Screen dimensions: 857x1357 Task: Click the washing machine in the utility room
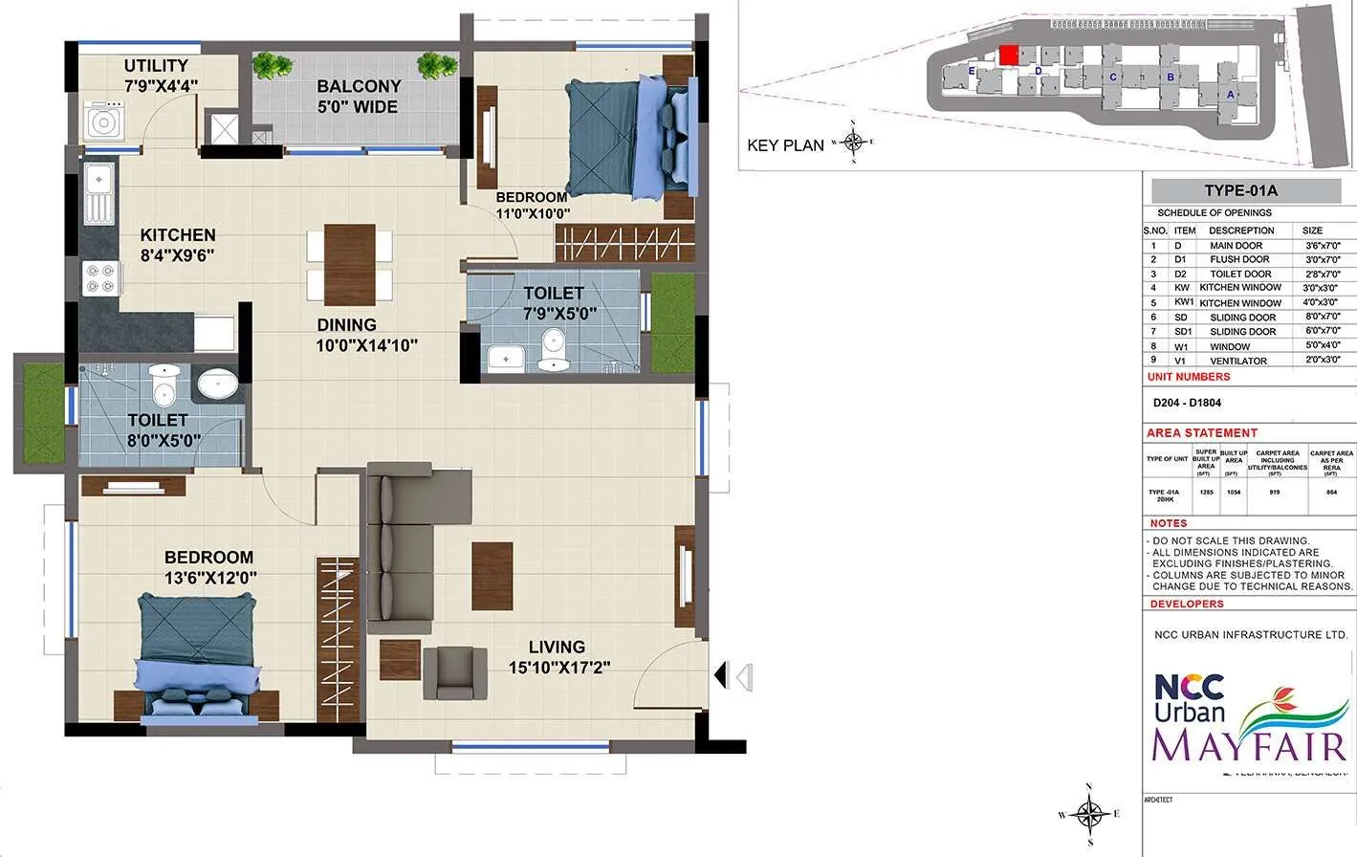[x=102, y=121]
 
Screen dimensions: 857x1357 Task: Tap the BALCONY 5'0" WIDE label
[x=359, y=97]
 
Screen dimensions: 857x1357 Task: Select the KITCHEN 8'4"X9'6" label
[x=177, y=245]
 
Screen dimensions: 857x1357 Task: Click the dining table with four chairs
[x=349, y=264]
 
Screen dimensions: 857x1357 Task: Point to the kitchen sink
[x=98, y=192]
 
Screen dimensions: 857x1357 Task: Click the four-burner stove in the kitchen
[x=99, y=278]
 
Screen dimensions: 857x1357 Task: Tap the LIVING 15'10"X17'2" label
[x=558, y=657]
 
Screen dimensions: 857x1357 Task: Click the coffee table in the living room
[x=492, y=575]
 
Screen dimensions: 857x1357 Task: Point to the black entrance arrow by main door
[x=721, y=676]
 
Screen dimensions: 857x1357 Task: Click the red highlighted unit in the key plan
[x=1008, y=55]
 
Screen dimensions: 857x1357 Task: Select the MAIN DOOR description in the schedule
[x=1236, y=246]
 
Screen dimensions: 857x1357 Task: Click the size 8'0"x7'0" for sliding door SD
[x=1323, y=317]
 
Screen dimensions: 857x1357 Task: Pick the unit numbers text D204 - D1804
[x=1187, y=403]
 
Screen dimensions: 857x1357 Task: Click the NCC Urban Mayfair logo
[x=1249, y=722]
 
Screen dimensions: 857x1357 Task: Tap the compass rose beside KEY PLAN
[x=853, y=143]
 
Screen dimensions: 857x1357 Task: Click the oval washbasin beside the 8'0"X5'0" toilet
[x=219, y=385]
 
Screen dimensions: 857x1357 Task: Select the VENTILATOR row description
[x=1238, y=361]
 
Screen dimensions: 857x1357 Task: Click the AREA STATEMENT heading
[x=1202, y=433]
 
